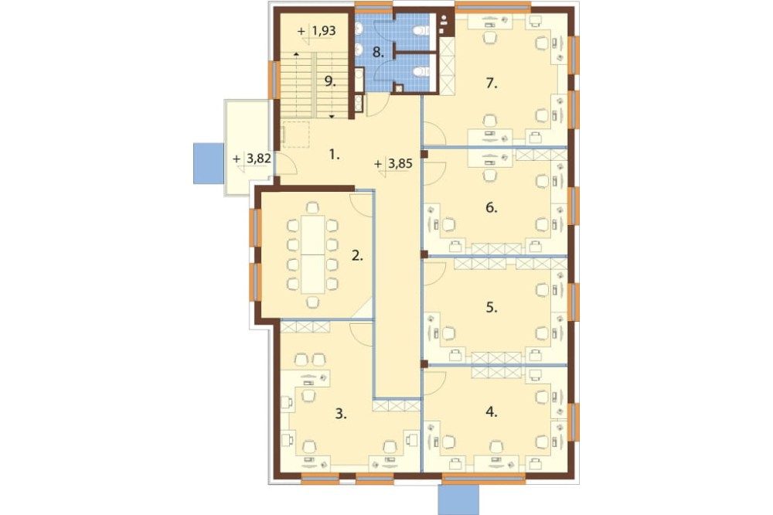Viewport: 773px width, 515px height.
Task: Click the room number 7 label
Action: point(491,84)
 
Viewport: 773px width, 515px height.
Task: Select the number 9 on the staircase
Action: point(330,81)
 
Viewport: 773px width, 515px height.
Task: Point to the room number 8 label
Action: point(378,52)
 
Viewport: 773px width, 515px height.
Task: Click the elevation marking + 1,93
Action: point(317,31)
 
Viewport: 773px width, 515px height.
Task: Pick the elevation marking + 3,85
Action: point(393,163)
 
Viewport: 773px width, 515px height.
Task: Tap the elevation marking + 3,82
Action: point(252,159)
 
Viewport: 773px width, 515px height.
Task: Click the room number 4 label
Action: point(491,411)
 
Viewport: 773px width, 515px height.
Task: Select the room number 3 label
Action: point(341,414)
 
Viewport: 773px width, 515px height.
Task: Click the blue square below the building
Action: point(458,499)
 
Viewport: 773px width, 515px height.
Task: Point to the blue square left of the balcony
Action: point(209,163)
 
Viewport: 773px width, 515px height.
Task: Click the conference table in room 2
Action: point(312,254)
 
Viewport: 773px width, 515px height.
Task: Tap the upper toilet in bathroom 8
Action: point(421,31)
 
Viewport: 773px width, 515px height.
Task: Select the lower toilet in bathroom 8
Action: point(421,72)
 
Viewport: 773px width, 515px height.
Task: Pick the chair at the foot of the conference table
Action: point(312,302)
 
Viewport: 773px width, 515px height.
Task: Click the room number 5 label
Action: point(492,307)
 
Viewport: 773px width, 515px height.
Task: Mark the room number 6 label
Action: point(491,207)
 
